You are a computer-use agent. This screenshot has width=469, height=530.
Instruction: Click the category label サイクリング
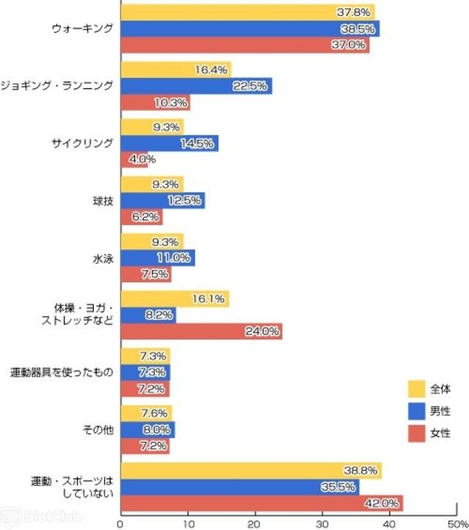83,144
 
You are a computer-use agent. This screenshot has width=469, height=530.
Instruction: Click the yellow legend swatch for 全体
416,388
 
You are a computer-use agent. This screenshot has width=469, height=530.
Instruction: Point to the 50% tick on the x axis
455,523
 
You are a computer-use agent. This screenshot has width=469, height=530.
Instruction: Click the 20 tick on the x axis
254,523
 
